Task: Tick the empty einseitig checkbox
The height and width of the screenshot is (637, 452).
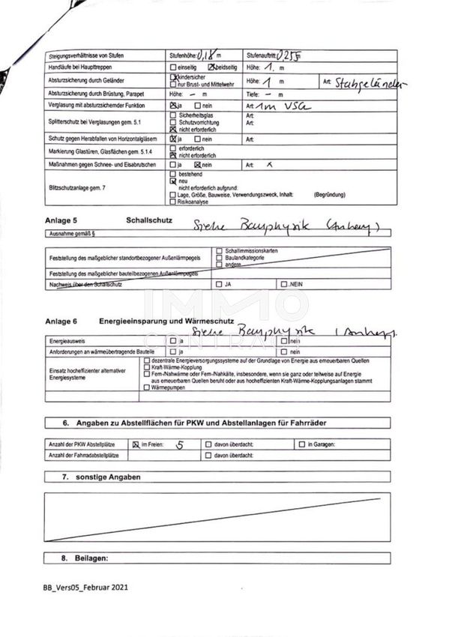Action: pos(172,67)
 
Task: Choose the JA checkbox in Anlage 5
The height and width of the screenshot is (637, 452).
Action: pos(218,285)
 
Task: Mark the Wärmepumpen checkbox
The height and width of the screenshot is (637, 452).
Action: pos(146,389)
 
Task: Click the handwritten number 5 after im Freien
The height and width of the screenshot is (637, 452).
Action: pos(178,444)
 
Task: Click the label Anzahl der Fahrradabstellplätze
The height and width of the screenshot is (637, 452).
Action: pos(84,455)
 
